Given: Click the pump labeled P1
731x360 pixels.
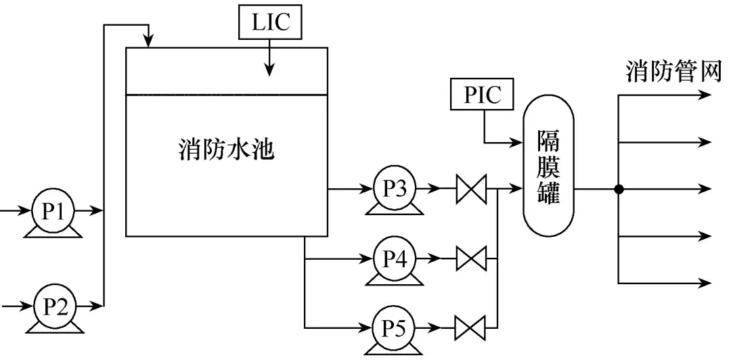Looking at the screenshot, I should [x=53, y=211].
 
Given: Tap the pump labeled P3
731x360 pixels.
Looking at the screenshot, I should [x=394, y=188].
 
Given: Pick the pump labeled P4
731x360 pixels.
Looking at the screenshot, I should [x=394, y=258].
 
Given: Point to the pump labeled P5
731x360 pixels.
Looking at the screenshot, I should [x=394, y=330].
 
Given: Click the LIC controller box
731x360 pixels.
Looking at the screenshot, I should [x=270, y=23].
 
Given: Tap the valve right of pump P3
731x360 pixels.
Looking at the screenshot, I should [x=472, y=189].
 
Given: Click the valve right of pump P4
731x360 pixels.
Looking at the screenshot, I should [x=472, y=258].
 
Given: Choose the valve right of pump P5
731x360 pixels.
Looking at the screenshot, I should [x=472, y=330].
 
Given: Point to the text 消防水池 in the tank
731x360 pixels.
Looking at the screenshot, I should [x=227, y=149].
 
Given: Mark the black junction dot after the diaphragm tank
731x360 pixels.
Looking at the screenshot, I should [x=618, y=189].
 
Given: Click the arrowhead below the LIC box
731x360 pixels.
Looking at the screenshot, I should [x=270, y=68].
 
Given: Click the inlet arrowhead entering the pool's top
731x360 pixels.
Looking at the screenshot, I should [x=148, y=42].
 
